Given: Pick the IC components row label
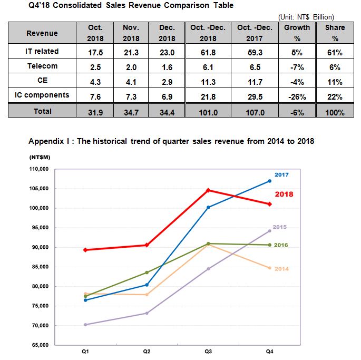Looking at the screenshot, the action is tap(42, 95).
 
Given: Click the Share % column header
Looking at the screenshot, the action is tap(335, 33).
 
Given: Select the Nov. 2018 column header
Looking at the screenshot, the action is tap(131, 33).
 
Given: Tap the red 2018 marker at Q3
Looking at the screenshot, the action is tap(208, 190).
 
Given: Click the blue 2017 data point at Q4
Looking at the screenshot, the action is tap(270, 181).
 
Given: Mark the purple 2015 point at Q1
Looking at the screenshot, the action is tap(86, 325).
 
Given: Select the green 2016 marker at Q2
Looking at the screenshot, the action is tap(147, 273).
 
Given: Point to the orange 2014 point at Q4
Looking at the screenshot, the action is tap(270, 268).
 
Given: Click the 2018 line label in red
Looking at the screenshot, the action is tap(284, 194).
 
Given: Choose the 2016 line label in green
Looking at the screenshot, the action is tap(281, 245).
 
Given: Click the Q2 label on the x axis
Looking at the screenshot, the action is tap(147, 352).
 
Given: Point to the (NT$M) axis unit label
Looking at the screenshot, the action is tap(40, 157).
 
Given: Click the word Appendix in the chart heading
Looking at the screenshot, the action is tap(46, 141).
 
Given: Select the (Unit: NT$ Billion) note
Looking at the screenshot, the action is tap(306, 17).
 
